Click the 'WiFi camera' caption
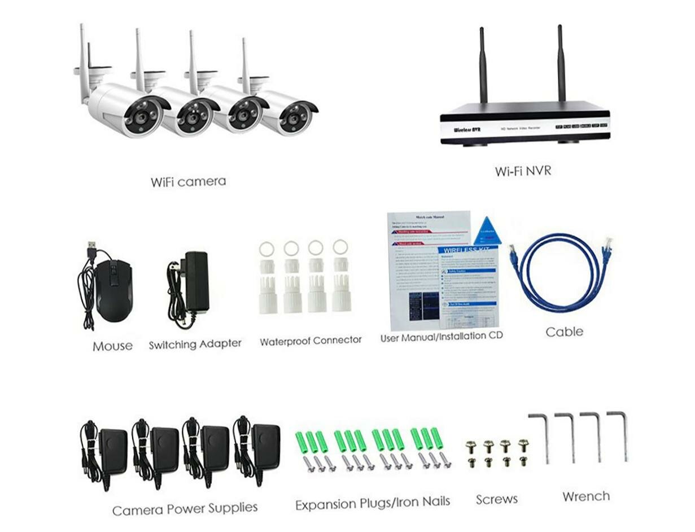pyautogui.click(x=188, y=182)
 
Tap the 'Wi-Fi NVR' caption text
pyautogui.click(x=523, y=171)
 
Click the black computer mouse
pyautogui.click(x=113, y=290)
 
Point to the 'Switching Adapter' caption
pyautogui.click(x=195, y=344)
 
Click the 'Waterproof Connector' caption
pyautogui.click(x=311, y=341)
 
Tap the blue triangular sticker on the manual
pyautogui.click(x=487, y=231)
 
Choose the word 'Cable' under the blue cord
pyautogui.click(x=564, y=332)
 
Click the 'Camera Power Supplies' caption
pyautogui.click(x=185, y=509)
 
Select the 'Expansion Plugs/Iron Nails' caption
pyautogui.click(x=373, y=502)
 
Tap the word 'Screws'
pyautogui.click(x=497, y=499)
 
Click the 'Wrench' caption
pyautogui.click(x=586, y=496)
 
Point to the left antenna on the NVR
pyautogui.click(x=483, y=65)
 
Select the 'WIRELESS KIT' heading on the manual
pyautogui.click(x=467, y=250)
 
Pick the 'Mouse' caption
pyautogui.click(x=112, y=346)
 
